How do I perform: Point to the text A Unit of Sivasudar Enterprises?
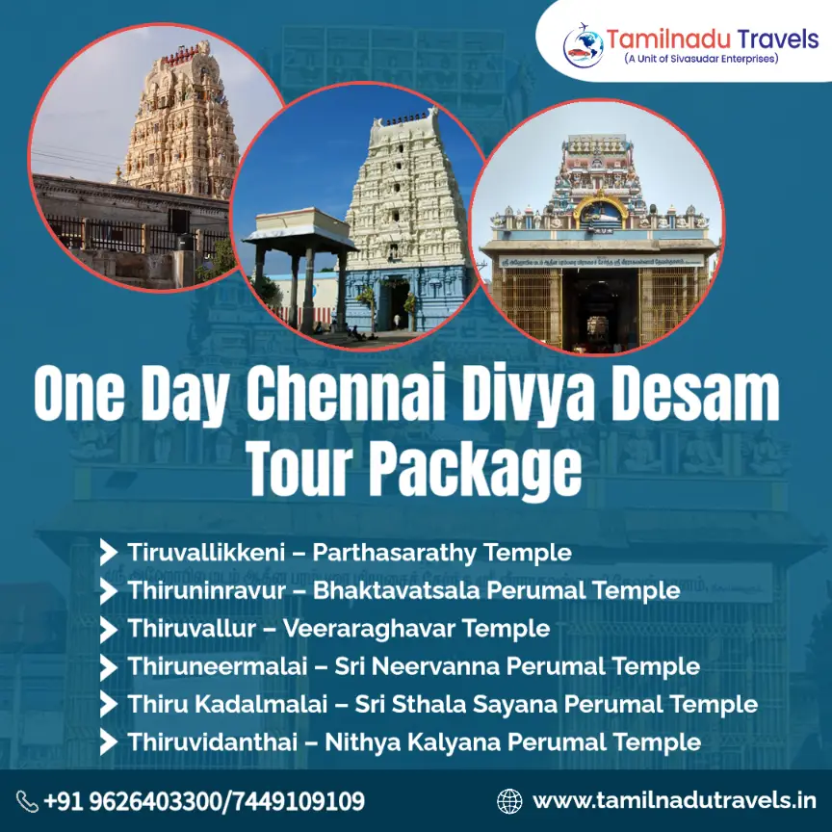(701, 60)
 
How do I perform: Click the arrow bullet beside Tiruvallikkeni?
(109, 553)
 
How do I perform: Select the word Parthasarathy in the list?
(397, 553)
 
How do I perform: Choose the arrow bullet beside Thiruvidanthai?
(109, 741)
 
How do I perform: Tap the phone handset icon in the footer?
(27, 801)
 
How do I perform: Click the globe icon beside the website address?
(509, 800)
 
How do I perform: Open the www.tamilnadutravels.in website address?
(674, 800)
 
